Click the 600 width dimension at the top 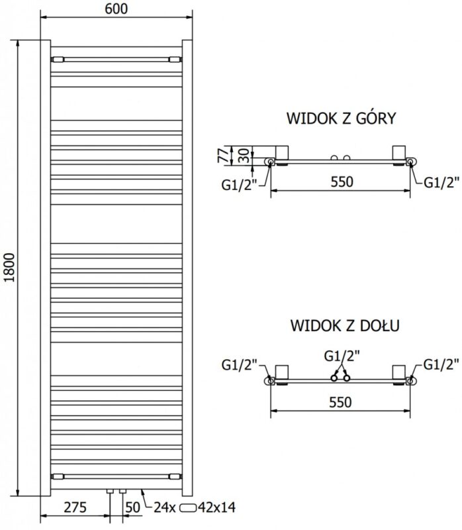click(x=116, y=9)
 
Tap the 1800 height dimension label click(x=10, y=268)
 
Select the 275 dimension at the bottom click(x=75, y=507)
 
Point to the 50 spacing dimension click(x=133, y=507)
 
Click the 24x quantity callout click(x=165, y=507)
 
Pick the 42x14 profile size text click(x=217, y=507)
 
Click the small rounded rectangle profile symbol click(x=188, y=507)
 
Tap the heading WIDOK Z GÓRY click(x=341, y=119)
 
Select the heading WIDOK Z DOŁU click(x=345, y=325)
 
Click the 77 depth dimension click(x=223, y=156)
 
